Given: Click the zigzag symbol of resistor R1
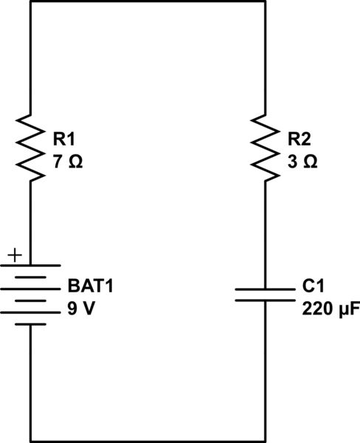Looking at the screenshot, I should pyautogui.click(x=30, y=147).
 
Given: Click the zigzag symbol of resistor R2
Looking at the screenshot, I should pyautogui.click(x=264, y=147).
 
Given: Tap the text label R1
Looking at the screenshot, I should pyautogui.click(x=64, y=137).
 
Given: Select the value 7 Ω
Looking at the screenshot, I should pyautogui.click(x=66, y=161).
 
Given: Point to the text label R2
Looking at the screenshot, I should pyautogui.click(x=300, y=137).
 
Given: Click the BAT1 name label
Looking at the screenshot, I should pyautogui.click(x=91, y=285).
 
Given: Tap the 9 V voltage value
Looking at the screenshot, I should pyautogui.click(x=80, y=309).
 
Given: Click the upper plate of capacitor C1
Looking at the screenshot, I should pyautogui.click(x=264, y=289).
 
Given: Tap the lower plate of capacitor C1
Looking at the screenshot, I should pyautogui.click(x=264, y=301).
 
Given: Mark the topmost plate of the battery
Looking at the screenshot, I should pyautogui.click(x=30, y=265).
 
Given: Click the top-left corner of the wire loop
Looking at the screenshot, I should pyautogui.click(x=30, y=1).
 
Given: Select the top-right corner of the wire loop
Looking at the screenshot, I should pyautogui.click(x=264, y=1).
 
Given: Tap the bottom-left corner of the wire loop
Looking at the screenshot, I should pyautogui.click(x=30, y=441).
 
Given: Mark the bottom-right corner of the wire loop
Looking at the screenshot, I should pyautogui.click(x=264, y=441).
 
